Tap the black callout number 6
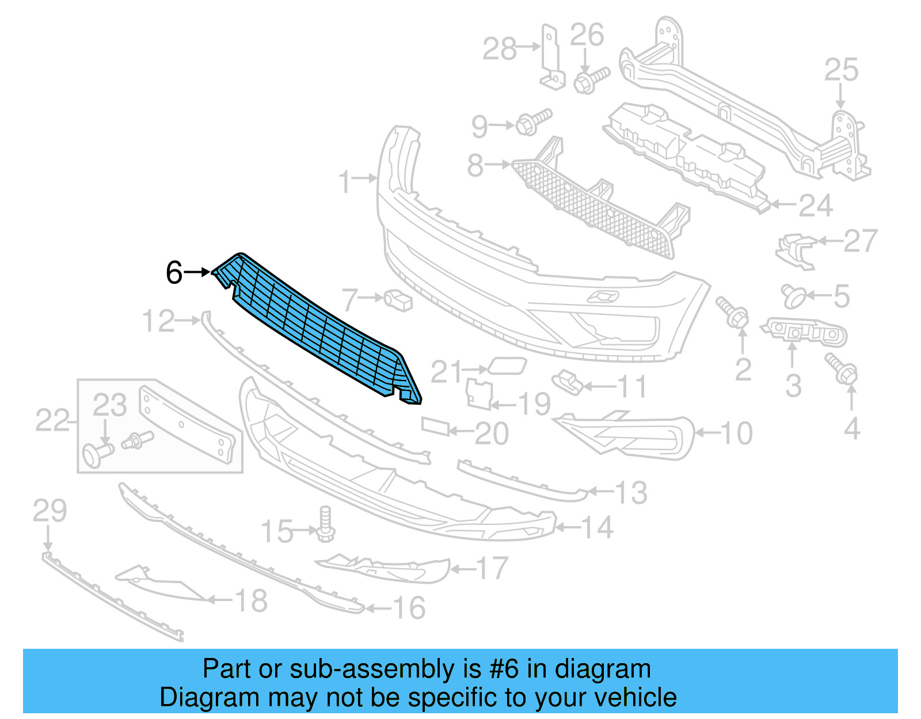click(174, 272)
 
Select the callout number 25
click(841, 70)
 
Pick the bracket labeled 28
click(551, 58)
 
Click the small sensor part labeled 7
click(398, 299)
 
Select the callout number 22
click(52, 420)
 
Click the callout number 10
click(736, 433)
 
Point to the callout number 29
click(50, 511)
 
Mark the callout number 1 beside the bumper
click(344, 182)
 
